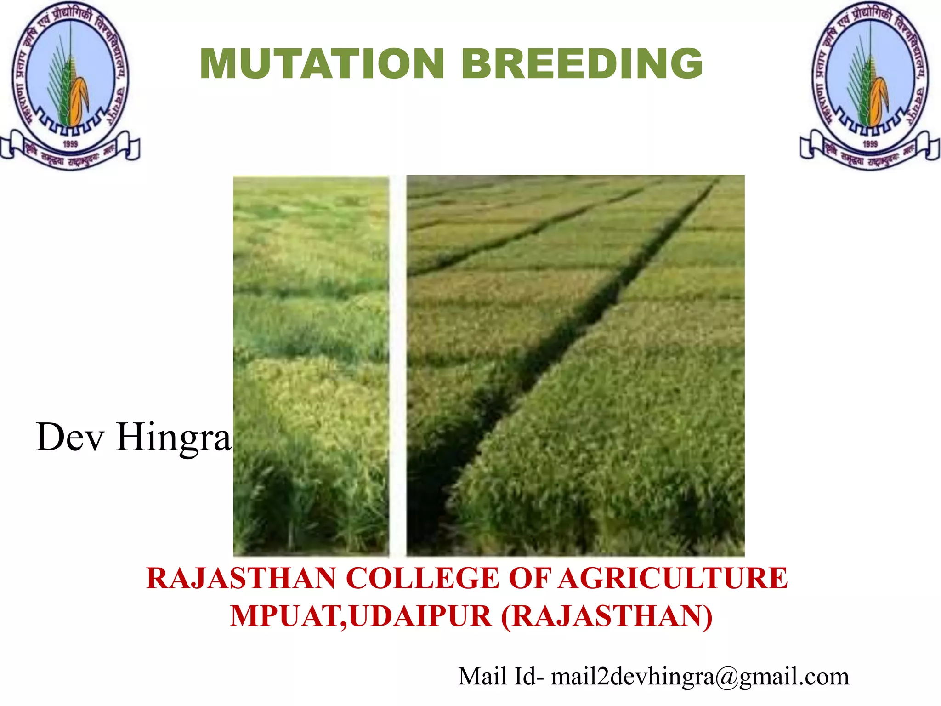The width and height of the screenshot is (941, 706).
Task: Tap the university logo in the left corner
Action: (70, 85)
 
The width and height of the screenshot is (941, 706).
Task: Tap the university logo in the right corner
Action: (870, 85)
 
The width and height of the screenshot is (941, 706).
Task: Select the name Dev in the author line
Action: (70, 437)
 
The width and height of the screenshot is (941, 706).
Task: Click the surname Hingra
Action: (173, 438)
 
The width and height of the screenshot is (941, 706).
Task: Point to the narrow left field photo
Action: (311, 365)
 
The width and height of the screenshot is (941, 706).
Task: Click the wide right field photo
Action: (575, 365)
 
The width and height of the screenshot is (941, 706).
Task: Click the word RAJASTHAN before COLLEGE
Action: (241, 578)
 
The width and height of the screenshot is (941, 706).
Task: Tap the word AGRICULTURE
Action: (673, 578)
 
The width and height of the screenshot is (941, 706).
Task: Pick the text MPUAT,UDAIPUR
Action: (361, 616)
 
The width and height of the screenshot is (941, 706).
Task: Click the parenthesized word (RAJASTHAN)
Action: (607, 616)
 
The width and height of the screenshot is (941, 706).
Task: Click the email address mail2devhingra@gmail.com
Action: (700, 677)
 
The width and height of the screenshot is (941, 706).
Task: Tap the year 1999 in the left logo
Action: (70, 144)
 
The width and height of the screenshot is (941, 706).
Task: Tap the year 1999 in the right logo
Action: (870, 144)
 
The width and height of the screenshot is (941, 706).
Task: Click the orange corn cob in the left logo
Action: (79, 99)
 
